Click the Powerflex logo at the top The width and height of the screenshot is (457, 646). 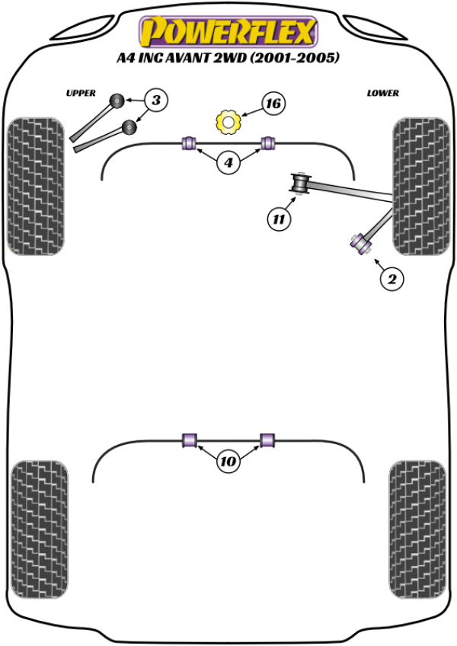(x=226, y=32)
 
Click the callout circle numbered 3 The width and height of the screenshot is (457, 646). (x=155, y=100)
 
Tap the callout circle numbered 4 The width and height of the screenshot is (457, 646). (x=228, y=161)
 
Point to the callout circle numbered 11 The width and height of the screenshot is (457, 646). (x=279, y=219)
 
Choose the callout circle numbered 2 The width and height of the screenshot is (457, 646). (x=391, y=280)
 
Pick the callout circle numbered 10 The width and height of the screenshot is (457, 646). (x=228, y=461)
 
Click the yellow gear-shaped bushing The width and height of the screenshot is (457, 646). (x=229, y=120)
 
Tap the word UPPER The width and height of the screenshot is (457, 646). (x=80, y=93)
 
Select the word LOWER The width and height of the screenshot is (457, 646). (x=382, y=93)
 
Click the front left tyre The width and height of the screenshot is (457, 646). (x=35, y=186)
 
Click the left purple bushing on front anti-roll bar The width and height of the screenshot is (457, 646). (x=190, y=142)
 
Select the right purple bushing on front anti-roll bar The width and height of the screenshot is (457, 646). (x=267, y=142)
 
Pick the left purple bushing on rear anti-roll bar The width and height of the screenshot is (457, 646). (x=190, y=440)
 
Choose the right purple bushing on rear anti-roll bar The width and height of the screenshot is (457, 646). (x=267, y=440)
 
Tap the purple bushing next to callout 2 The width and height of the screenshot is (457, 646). (x=359, y=243)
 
